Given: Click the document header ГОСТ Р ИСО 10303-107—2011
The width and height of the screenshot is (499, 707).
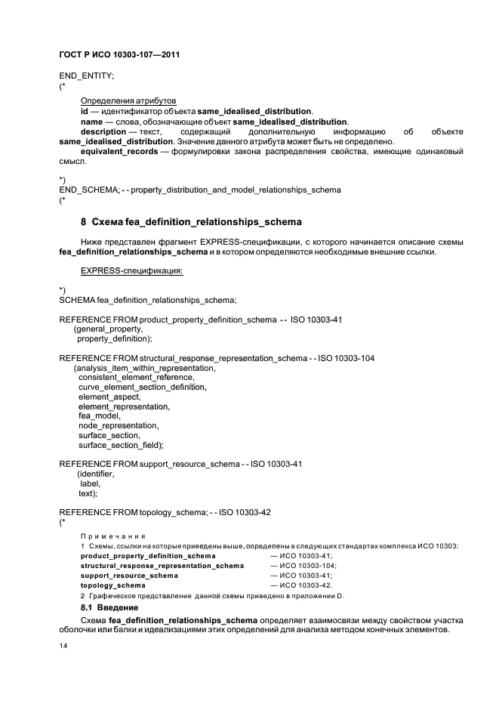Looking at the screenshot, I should [x=124, y=55].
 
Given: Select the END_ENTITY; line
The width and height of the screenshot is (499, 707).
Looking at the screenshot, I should [x=86, y=76].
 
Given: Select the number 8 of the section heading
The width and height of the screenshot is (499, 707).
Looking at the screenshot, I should [x=83, y=222].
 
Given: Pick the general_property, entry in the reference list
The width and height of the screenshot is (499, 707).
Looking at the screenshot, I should [x=107, y=329].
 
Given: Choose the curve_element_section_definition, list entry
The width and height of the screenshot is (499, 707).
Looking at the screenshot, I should [x=142, y=387].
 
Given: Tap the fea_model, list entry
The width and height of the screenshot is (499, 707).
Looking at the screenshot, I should [x=99, y=415].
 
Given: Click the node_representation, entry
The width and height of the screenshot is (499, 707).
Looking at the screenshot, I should [x=118, y=425].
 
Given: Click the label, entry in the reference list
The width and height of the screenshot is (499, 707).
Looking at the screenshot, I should [x=90, y=483].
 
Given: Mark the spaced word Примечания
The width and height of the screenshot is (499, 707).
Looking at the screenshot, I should [x=113, y=536].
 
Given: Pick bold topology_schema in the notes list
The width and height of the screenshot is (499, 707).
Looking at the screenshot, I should [x=112, y=585].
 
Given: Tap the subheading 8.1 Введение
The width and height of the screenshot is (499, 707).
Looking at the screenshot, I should [x=109, y=607].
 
